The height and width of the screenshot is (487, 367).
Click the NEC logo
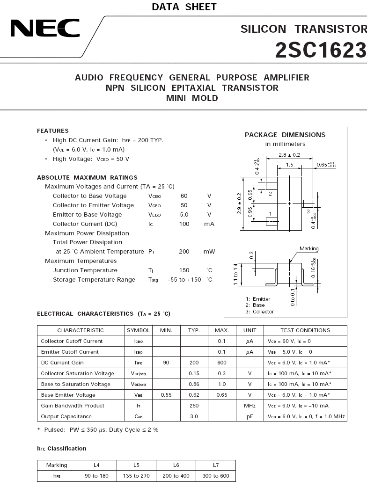(x=45, y=29)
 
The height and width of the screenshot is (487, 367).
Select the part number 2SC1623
(x=320, y=50)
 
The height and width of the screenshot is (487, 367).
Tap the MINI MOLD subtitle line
(x=192, y=98)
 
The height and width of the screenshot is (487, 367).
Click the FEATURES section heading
(x=53, y=131)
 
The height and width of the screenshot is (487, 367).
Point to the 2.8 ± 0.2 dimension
(x=289, y=155)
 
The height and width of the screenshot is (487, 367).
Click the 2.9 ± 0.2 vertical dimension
(x=240, y=204)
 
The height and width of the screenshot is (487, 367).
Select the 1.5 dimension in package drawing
(x=289, y=165)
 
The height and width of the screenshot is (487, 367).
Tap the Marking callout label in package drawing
(x=309, y=248)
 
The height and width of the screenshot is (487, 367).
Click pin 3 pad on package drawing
(x=308, y=204)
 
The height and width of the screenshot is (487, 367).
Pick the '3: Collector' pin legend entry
(x=260, y=312)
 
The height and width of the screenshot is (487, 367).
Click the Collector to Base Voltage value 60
(x=184, y=196)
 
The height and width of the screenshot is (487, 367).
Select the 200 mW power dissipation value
(x=184, y=252)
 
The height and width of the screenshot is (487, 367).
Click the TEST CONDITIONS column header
(x=305, y=330)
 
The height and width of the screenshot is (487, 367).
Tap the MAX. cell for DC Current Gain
(x=222, y=363)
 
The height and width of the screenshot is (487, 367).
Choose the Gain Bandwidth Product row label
(x=73, y=406)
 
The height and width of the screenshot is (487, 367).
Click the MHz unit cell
(x=250, y=406)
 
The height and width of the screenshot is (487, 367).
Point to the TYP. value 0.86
(x=194, y=384)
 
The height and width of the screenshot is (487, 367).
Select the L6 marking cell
(x=176, y=465)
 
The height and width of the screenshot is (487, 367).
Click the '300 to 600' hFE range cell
(x=216, y=476)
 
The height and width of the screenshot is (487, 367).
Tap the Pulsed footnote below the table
(x=98, y=429)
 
